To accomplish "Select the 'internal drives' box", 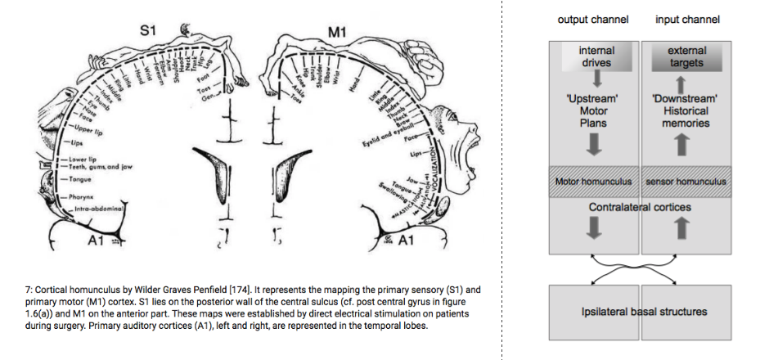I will [596, 56].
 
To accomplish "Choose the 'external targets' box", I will [686, 56].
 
